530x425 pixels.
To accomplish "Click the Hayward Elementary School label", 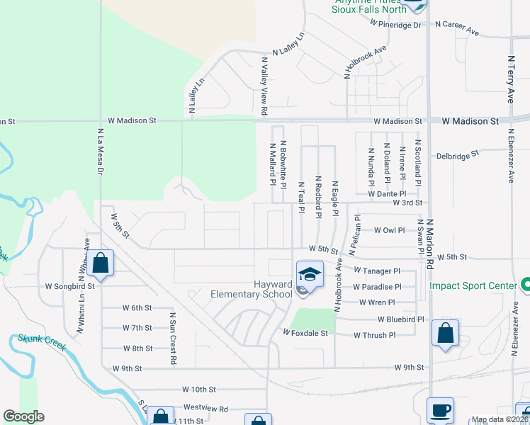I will [x=252, y=289].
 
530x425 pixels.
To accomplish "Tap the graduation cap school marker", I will [x=309, y=273].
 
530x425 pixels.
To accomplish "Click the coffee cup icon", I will [x=440, y=409].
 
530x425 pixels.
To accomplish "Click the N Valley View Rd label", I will [x=263, y=87].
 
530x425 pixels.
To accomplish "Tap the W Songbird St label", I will [x=69, y=287].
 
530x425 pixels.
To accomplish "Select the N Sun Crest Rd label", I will [x=172, y=339].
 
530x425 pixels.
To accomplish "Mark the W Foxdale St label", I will [x=306, y=332].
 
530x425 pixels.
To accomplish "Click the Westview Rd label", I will [x=205, y=409].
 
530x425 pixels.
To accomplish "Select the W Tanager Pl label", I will [x=377, y=271].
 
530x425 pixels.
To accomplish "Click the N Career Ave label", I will [x=457, y=23].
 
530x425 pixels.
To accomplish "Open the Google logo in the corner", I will [x=23, y=416].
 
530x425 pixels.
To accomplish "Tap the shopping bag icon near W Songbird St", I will [x=101, y=263].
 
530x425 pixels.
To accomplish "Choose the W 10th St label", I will [x=198, y=389].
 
